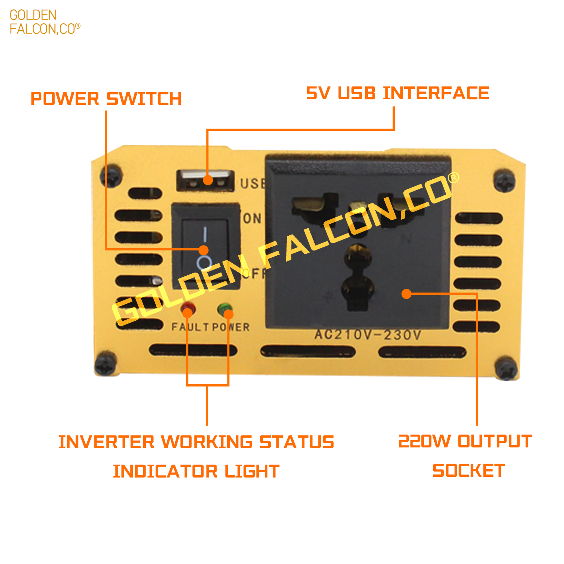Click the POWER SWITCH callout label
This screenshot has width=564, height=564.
106,99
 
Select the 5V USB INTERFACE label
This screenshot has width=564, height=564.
397,93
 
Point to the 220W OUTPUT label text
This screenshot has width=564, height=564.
465,441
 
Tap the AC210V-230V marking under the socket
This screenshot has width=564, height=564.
368,334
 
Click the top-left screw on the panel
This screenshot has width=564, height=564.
111,176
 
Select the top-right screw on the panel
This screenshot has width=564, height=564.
504,181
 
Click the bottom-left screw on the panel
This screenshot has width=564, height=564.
106,364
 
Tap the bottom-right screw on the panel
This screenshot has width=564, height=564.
506,368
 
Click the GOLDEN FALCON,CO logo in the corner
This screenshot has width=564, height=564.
44,22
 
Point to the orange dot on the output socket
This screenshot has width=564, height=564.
406,294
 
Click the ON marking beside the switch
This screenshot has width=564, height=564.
252,218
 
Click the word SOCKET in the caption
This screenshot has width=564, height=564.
468,471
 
